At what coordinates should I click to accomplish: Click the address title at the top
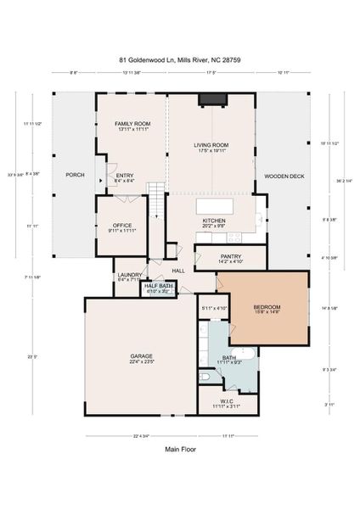[x=179, y=60]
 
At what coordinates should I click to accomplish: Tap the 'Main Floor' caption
[x=179, y=450]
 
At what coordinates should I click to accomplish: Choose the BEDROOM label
[x=267, y=309]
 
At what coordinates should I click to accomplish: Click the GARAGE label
[x=142, y=358]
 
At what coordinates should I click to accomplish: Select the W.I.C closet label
[x=227, y=404]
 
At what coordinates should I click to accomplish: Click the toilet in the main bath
[x=205, y=375]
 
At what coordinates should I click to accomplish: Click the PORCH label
[x=74, y=176]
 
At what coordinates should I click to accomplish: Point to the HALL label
[x=178, y=271]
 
